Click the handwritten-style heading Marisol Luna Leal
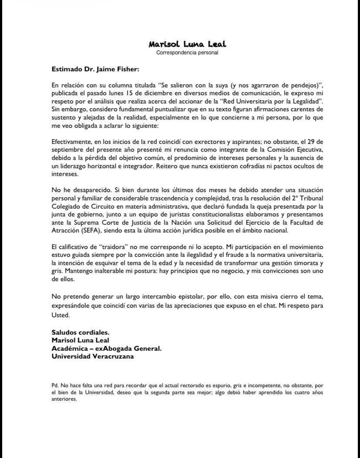coord(187,44)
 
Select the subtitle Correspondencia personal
coord(187,53)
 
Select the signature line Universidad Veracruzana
coord(93,356)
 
